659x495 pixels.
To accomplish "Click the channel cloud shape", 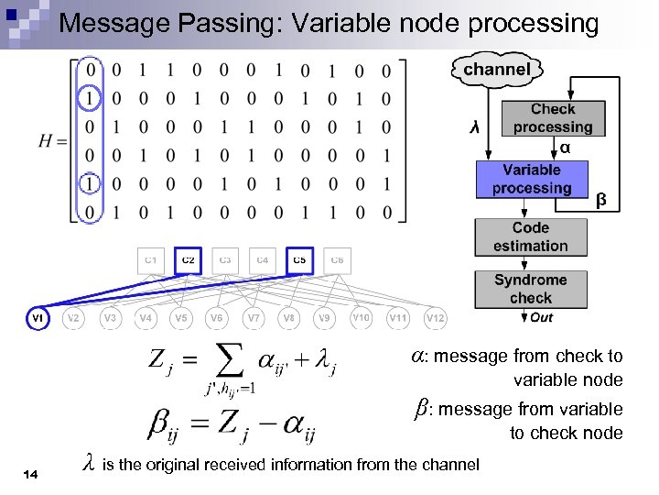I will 495,70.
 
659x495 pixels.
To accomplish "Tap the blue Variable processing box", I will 531,179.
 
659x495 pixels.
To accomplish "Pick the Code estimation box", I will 531,236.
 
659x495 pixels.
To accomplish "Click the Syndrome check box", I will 531,289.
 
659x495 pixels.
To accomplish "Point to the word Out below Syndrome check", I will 541,317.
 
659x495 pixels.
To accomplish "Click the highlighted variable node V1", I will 38,318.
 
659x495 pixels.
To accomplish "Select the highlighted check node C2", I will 189,260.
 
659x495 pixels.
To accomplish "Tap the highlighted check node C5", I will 299,260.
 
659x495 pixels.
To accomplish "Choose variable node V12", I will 436,318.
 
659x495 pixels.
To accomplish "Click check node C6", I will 336,260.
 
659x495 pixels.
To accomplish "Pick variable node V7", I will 253,318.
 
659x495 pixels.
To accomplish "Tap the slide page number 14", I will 31,473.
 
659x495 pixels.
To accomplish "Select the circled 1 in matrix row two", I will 90,98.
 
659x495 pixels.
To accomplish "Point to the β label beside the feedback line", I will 601,199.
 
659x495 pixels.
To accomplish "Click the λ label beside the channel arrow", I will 473,127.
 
